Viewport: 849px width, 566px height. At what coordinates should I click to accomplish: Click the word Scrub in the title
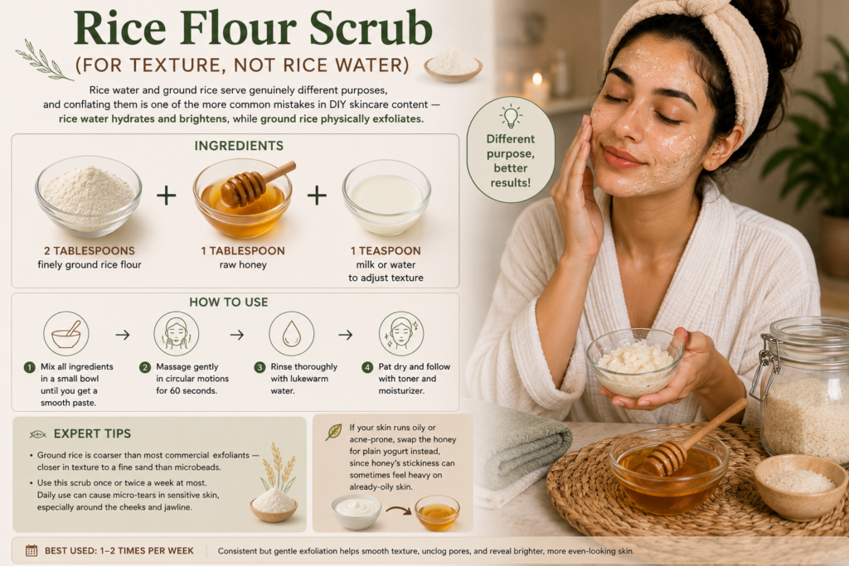[x=371, y=27]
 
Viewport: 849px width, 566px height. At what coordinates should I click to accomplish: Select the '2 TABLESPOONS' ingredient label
[x=90, y=250]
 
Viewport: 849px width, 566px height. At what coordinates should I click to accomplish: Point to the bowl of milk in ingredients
[x=386, y=197]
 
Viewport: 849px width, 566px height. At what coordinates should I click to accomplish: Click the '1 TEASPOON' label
[x=386, y=250]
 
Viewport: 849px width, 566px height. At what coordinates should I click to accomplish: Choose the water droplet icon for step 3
[x=291, y=334]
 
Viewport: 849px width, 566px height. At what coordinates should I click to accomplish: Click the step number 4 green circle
[x=367, y=367]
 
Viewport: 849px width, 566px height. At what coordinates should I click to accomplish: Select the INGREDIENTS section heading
[x=239, y=146]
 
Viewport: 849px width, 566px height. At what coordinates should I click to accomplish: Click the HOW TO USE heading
[x=229, y=302]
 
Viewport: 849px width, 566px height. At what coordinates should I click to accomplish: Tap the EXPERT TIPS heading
[x=92, y=433]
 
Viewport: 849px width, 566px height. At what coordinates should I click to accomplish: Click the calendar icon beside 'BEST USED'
[x=32, y=551]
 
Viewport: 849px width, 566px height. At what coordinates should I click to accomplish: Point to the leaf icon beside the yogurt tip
[x=333, y=432]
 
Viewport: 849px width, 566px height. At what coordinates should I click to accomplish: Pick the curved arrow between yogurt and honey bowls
[x=398, y=510]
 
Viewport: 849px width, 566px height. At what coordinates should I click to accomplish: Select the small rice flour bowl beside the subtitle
[x=454, y=65]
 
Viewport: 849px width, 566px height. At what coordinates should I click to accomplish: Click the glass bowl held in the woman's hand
[x=635, y=362]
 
